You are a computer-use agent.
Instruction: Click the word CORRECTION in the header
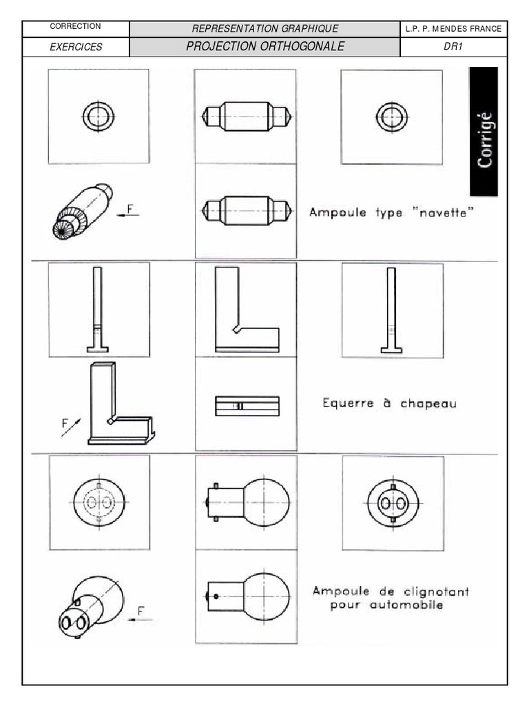coord(76,26)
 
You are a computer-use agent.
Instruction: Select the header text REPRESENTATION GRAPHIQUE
coord(265,28)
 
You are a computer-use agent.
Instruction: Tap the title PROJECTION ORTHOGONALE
coord(265,47)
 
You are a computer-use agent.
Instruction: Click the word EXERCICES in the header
coord(76,47)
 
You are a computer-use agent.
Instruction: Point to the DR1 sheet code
coord(455,47)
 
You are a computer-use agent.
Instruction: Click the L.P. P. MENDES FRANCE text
coord(455,29)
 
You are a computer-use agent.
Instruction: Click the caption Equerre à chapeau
coord(389,403)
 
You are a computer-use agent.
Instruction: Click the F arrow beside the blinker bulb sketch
coord(143,615)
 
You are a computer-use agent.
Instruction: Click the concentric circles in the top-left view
coord(98,115)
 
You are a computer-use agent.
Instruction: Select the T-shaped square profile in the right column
coord(392,310)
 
